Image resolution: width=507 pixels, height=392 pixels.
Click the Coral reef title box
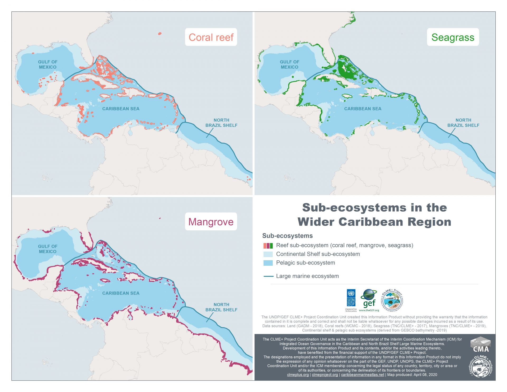pos(211,37)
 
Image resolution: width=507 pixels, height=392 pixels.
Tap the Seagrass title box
pos(453,37)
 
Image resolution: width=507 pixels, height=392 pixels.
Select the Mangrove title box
pos(211,222)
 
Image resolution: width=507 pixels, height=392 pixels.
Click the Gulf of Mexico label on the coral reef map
pos(48,64)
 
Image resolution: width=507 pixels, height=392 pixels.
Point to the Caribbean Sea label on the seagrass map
pos(363,109)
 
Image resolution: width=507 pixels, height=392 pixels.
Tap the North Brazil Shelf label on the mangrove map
pos(221,307)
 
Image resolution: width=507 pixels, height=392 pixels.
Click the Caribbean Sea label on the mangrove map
pos(121,293)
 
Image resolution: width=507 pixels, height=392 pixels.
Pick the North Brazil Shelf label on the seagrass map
pos(463,123)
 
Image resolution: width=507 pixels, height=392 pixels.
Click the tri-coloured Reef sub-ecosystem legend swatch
pos(268,246)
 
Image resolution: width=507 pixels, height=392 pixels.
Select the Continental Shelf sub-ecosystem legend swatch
pos(268,254)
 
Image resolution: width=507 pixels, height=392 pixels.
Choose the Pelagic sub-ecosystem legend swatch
pos(268,263)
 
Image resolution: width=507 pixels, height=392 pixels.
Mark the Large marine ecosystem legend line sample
pos(268,276)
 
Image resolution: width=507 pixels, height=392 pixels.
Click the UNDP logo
pos(351,300)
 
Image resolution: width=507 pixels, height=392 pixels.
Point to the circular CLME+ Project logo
pos(392,300)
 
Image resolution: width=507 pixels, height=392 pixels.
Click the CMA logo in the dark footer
pos(481,345)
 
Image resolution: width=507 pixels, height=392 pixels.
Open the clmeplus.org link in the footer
pos(298,375)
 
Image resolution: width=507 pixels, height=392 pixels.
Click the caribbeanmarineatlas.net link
pos(362,375)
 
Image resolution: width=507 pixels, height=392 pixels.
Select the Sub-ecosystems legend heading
pos(287,236)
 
